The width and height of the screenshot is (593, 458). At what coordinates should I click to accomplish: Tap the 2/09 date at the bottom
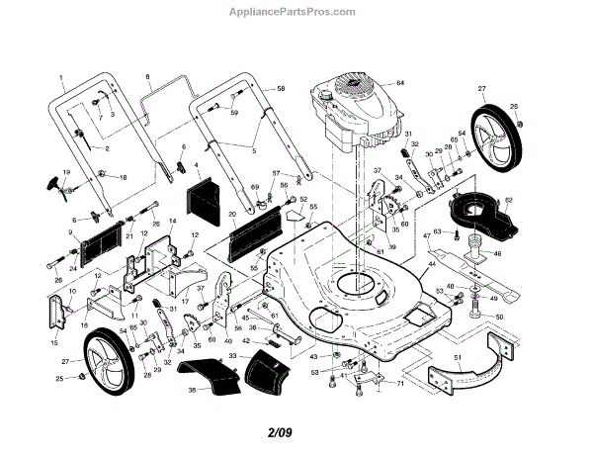click(280, 432)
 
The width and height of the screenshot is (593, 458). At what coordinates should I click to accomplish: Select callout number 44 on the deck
click(431, 268)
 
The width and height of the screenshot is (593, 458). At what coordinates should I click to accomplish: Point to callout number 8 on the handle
click(147, 77)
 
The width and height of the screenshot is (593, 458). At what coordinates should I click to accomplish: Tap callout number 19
click(67, 172)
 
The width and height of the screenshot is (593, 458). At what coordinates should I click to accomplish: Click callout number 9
click(70, 232)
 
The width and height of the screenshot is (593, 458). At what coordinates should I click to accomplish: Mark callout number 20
click(231, 214)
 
